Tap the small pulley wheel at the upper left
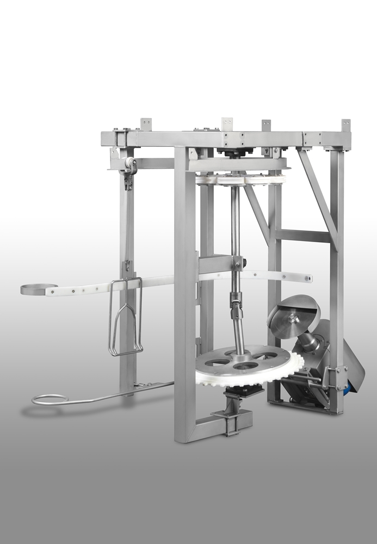130,164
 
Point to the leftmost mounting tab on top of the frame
146,124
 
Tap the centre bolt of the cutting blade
292,317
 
